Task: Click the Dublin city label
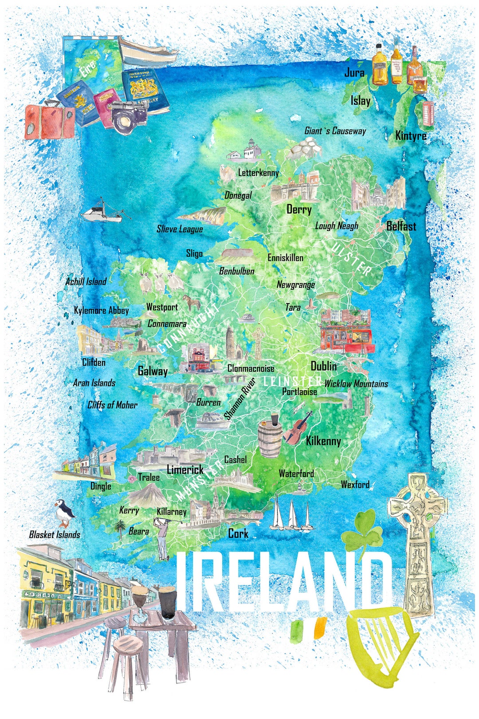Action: tap(323, 366)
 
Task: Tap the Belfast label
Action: tap(401, 226)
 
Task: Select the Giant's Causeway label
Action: tap(335, 131)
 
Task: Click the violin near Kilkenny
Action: tap(298, 428)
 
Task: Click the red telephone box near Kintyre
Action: tap(428, 115)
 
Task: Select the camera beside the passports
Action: tap(129, 116)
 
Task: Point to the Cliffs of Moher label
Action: tap(112, 405)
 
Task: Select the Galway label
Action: tap(153, 371)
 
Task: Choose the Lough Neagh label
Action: tap(337, 226)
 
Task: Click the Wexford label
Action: tap(355, 484)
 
